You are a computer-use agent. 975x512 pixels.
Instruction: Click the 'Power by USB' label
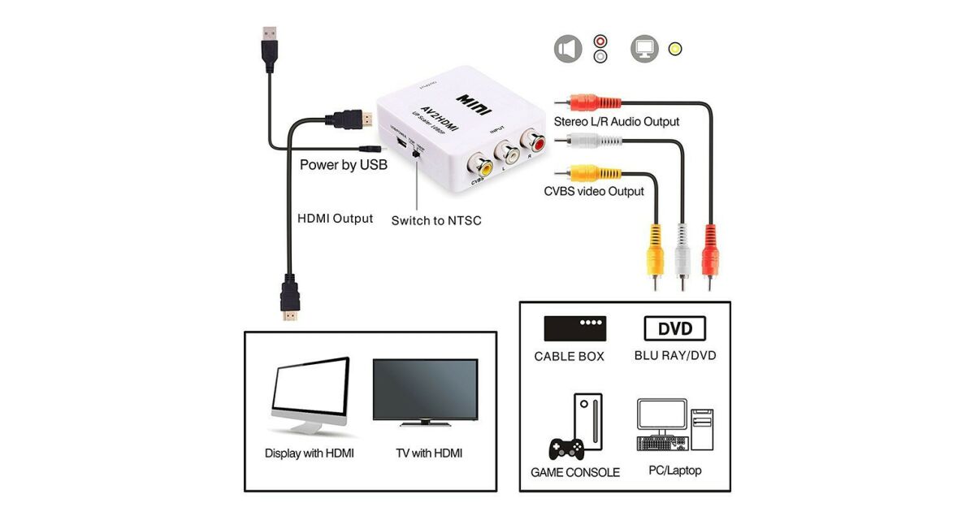(x=343, y=165)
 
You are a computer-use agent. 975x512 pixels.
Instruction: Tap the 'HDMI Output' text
(x=335, y=219)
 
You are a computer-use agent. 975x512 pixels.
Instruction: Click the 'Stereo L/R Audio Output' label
(x=616, y=122)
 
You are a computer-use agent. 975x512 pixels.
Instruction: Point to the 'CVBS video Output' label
(x=594, y=192)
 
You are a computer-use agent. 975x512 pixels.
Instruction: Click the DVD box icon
(x=674, y=329)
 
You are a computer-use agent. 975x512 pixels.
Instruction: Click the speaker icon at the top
(x=568, y=49)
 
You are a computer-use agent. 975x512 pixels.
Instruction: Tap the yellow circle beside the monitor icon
(x=674, y=49)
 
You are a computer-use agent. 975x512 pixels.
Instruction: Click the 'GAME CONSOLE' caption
(x=575, y=472)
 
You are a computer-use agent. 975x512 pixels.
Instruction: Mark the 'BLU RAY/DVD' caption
(x=675, y=356)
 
